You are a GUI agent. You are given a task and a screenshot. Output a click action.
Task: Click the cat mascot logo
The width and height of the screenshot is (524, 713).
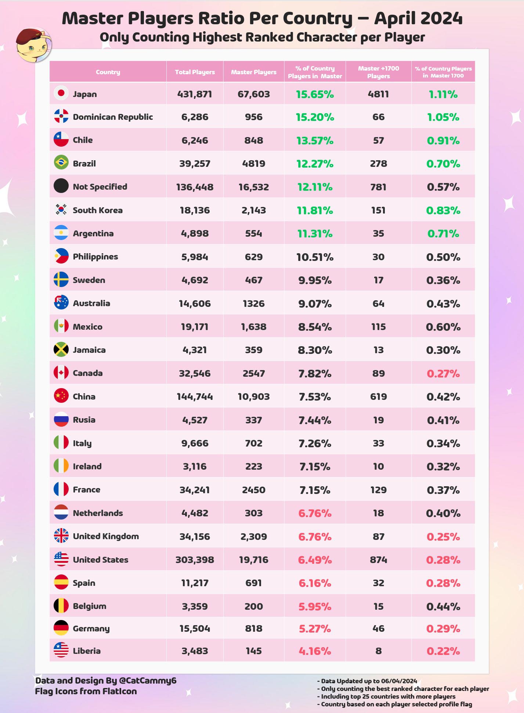33,45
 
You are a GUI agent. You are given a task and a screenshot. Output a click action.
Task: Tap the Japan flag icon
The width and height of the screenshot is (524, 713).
61,93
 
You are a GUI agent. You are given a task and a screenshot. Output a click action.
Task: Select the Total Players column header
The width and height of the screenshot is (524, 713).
195,72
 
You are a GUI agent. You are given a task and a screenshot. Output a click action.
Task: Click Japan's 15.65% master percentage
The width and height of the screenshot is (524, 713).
315,94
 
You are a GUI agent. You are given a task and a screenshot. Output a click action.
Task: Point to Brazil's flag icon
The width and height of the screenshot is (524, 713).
61,162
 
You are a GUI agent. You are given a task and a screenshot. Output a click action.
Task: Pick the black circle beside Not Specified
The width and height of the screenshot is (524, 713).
61,186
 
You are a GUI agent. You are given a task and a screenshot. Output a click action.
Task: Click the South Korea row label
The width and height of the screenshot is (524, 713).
98,210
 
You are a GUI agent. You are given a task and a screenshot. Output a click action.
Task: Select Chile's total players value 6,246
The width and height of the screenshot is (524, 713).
195,140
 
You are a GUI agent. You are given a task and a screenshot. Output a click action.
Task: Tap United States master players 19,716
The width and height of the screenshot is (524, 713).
253,560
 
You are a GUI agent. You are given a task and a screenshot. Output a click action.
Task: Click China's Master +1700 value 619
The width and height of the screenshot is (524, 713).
378,397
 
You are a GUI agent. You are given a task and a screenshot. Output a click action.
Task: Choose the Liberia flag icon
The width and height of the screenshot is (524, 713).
61,650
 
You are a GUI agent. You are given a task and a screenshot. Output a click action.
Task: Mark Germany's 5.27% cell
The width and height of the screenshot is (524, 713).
315,629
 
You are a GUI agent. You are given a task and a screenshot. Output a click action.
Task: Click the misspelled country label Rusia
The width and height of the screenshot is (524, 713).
84,420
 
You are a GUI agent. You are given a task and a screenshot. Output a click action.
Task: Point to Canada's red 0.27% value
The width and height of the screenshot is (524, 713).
443,374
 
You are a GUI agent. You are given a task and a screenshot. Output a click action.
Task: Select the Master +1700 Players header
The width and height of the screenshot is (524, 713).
378,72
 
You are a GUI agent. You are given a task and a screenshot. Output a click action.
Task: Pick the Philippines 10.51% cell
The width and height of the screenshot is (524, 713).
315,257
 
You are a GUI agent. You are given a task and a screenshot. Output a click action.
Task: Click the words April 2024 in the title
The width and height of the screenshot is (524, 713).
418,18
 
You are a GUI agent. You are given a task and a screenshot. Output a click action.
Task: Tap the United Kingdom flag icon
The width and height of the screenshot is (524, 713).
61,535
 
